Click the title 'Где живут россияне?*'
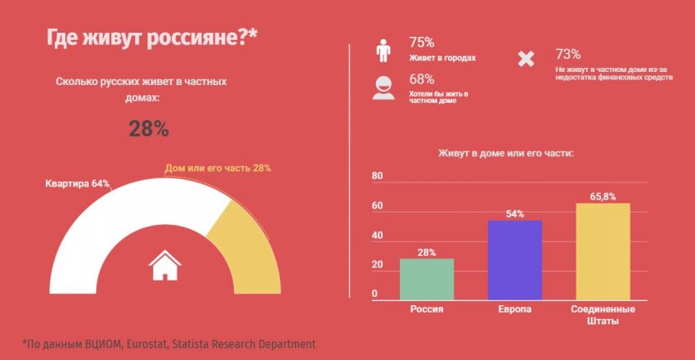point(151,38)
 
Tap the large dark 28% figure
point(149,128)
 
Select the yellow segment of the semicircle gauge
point(242,245)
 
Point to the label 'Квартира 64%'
point(77,183)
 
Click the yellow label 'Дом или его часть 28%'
point(217,168)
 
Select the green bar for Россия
point(426,279)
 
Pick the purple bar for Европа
point(515,260)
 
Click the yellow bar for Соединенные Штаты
point(603,251)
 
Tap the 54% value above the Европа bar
point(515,214)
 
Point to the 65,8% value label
point(603,196)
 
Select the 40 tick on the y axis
point(377,236)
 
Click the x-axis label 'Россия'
point(426,310)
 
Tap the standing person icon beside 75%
point(383,50)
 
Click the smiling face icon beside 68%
point(383,87)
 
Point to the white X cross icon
point(527,59)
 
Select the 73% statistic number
point(567,54)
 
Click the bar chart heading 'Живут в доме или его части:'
point(505,152)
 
